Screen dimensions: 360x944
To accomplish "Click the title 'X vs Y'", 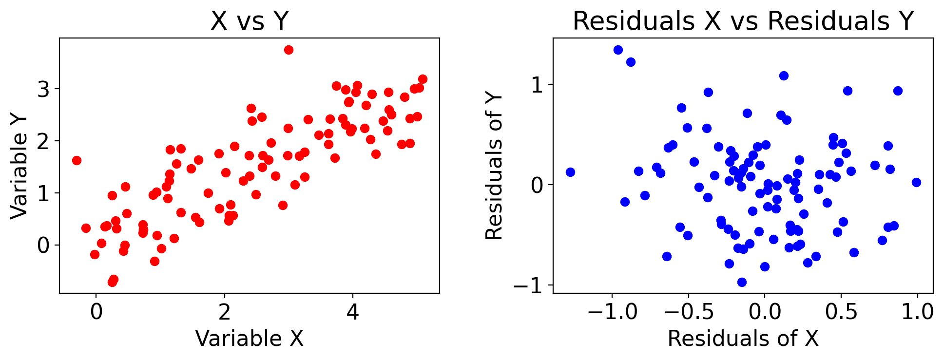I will (x=250, y=21).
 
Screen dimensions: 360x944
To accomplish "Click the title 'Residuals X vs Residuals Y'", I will (x=743, y=21).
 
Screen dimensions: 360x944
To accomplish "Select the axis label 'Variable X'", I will (x=249, y=339).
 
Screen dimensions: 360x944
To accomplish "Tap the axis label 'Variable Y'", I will (x=19, y=166).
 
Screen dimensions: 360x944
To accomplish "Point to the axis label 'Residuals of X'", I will (x=743, y=339).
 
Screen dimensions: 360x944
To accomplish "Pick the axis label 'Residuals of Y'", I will (x=494, y=166).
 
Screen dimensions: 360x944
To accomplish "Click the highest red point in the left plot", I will (x=289, y=50).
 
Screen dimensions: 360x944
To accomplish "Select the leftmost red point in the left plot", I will (x=77, y=160).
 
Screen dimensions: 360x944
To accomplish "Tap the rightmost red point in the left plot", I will (x=423, y=79).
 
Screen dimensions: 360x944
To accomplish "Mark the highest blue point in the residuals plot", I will (x=618, y=50).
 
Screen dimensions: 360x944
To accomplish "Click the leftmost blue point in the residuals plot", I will (x=570, y=172).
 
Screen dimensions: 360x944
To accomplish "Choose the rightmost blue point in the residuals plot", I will (x=916, y=182).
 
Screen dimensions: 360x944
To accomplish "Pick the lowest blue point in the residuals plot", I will (x=742, y=282).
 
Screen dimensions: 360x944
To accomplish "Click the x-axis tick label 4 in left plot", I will (x=352, y=312).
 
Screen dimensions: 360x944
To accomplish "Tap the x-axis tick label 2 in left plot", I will (x=224, y=312).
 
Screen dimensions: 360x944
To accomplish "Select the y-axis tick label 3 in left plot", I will (x=43, y=89).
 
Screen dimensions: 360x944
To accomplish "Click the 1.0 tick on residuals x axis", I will (x=917, y=312).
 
